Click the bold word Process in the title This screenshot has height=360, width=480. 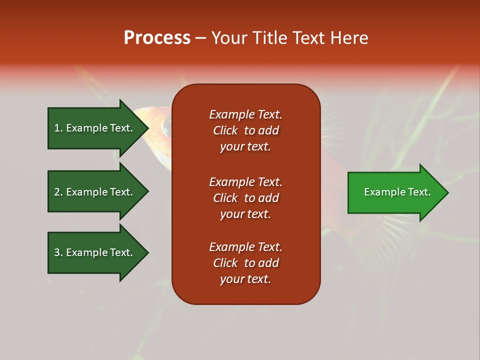tap(157, 38)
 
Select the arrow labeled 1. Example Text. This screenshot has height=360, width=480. tap(95, 128)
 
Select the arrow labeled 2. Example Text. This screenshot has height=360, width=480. tap(95, 192)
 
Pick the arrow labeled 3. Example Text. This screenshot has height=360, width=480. tap(95, 252)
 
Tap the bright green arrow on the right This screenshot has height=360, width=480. tap(395, 192)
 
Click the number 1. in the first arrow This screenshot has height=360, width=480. tap(58, 128)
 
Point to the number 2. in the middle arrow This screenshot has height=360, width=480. tap(58, 192)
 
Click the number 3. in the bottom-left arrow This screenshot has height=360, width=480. tap(58, 252)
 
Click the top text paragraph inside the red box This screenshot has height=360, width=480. tap(245, 130)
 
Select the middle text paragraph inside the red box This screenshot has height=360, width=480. tap(245, 198)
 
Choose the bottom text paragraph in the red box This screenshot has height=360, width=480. tap(245, 263)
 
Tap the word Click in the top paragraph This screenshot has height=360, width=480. tap(225, 131)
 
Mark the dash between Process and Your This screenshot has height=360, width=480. tap(200, 38)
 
